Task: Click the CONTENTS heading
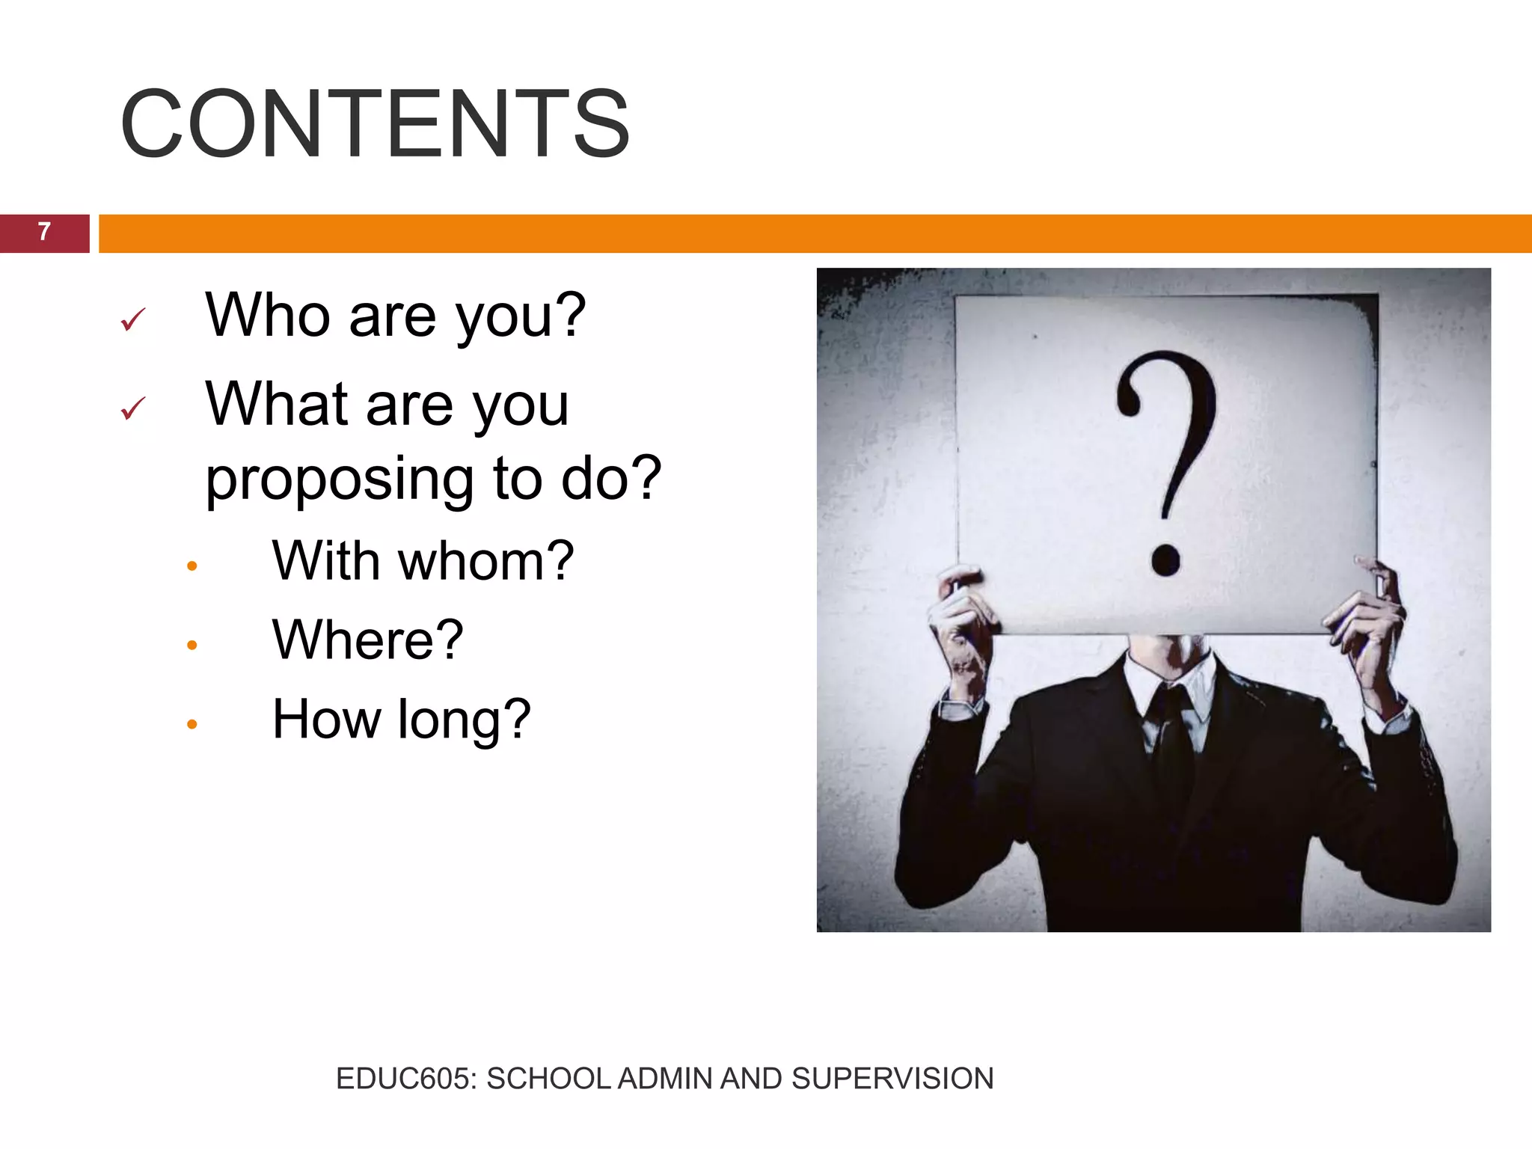click(x=375, y=123)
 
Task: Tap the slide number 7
click(x=44, y=232)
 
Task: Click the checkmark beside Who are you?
click(x=132, y=319)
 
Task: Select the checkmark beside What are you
click(x=132, y=408)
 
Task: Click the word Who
click(x=267, y=315)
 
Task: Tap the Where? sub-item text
click(x=367, y=640)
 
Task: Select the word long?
click(x=464, y=720)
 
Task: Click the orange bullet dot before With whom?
click(x=192, y=566)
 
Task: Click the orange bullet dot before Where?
click(x=192, y=645)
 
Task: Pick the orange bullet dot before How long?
click(x=192, y=724)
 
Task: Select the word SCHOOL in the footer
click(x=548, y=1079)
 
